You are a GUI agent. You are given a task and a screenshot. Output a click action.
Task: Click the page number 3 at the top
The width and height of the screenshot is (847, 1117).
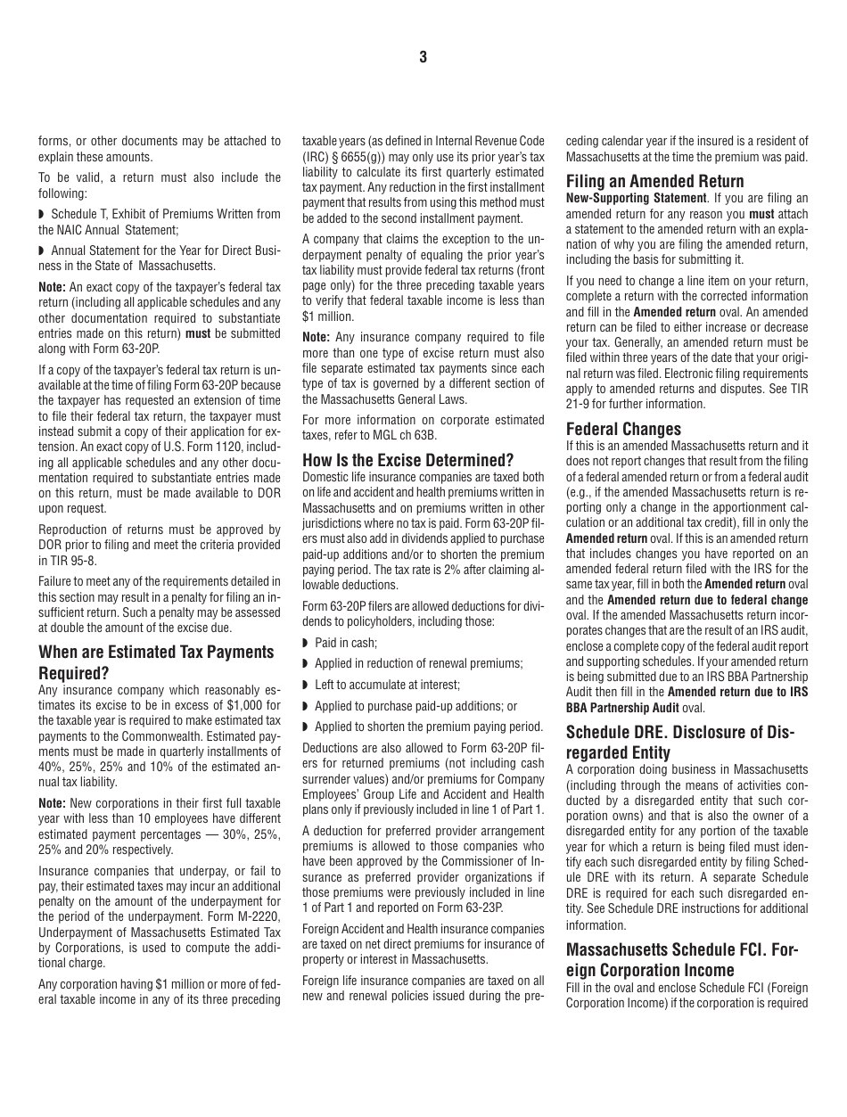[423, 58]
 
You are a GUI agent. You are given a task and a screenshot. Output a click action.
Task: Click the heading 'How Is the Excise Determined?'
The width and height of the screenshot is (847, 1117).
[407, 460]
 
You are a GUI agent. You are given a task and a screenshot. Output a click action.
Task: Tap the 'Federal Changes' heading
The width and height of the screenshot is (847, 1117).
[623, 429]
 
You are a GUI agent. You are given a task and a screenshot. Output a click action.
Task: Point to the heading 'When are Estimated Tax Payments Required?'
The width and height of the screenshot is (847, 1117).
[156, 661]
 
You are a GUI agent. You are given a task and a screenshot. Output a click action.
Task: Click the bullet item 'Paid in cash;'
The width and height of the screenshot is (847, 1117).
[345, 643]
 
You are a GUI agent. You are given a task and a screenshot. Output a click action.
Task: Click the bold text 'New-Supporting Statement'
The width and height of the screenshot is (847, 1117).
[636, 198]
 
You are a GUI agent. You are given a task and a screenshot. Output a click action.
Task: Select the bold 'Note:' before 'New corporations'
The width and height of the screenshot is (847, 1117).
[52, 803]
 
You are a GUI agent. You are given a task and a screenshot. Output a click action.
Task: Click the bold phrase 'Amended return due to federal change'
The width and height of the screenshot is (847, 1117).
[707, 600]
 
